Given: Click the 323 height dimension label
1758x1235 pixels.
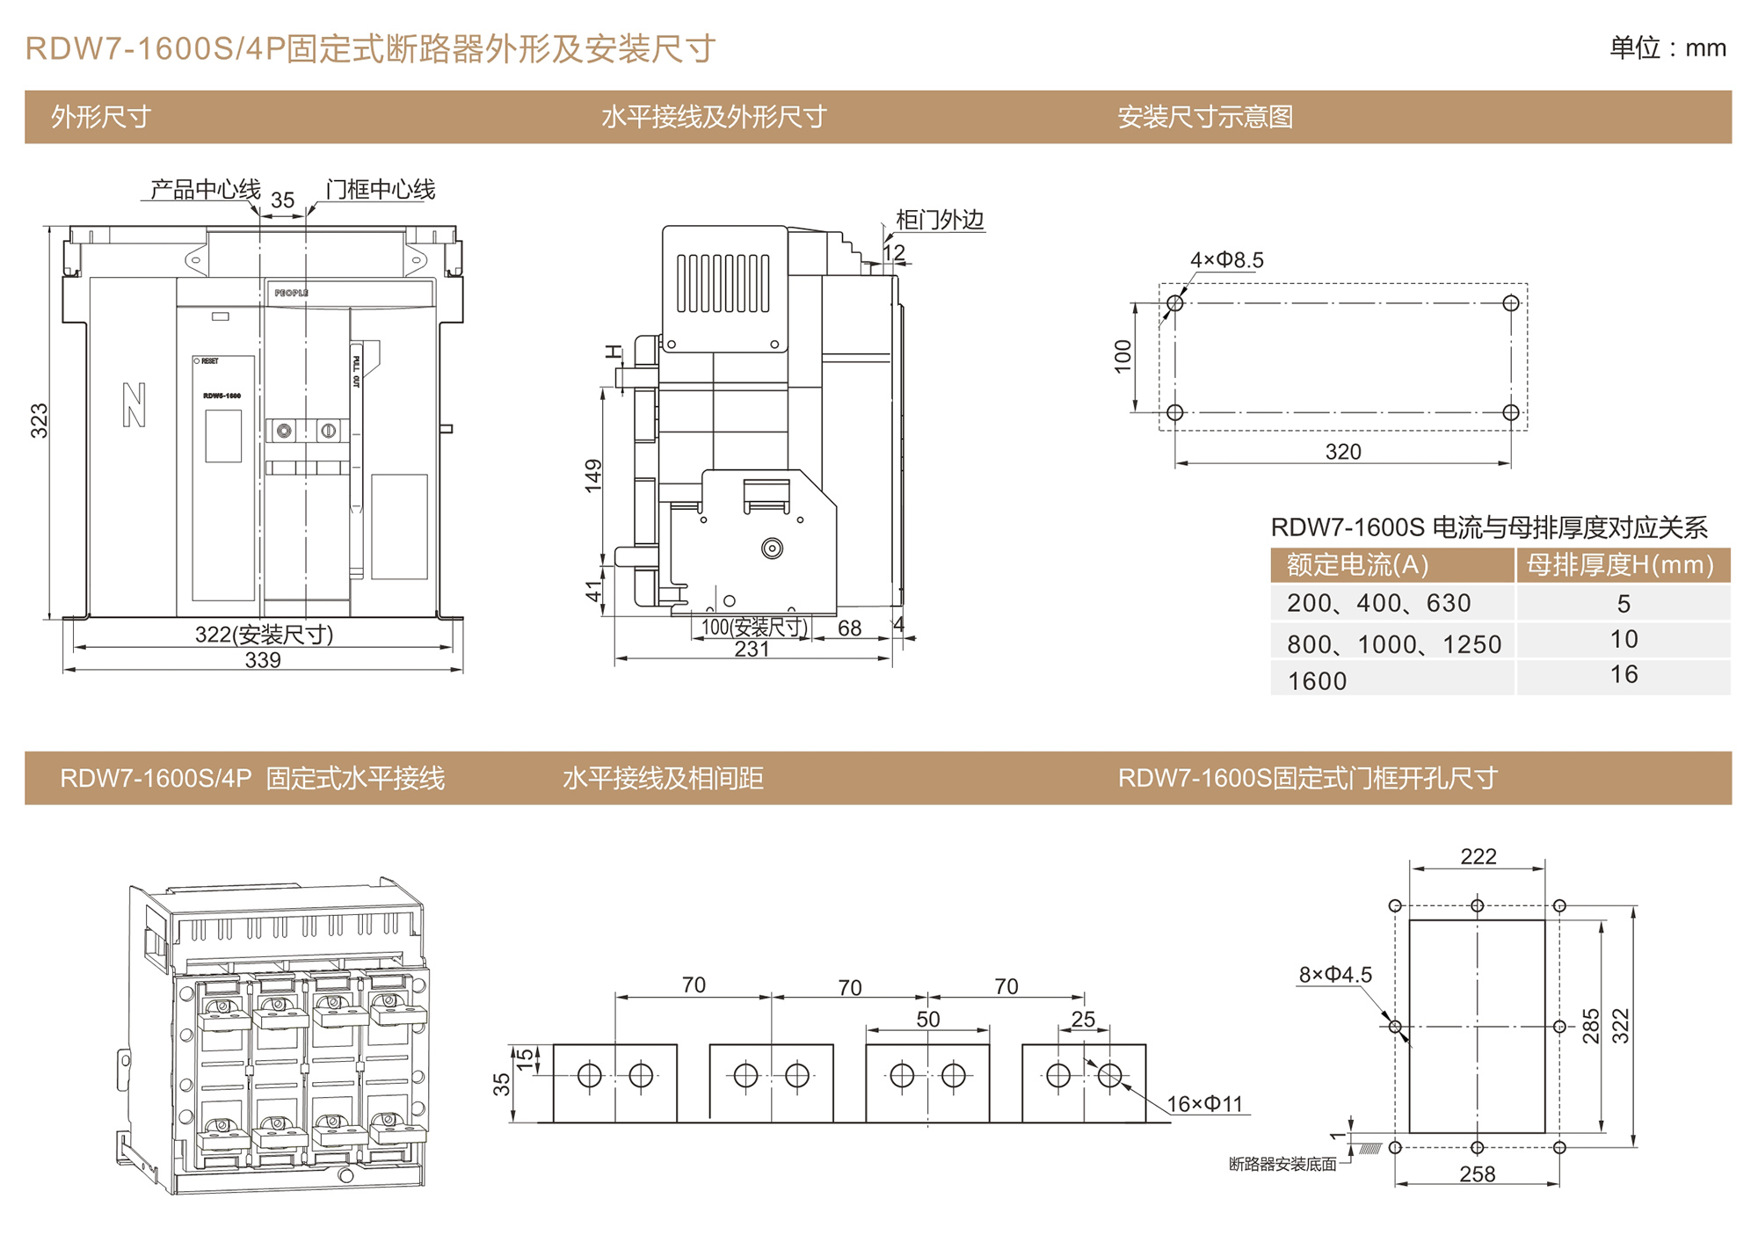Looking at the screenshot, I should [x=40, y=421].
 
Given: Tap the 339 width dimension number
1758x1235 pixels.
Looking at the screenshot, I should [x=263, y=660].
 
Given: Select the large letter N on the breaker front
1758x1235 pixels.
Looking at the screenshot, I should [x=134, y=405].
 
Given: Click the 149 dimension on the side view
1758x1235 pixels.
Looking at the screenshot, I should [x=594, y=475].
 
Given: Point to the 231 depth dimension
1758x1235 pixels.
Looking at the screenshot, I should [x=752, y=650].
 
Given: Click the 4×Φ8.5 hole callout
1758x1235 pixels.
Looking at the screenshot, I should [x=1226, y=260].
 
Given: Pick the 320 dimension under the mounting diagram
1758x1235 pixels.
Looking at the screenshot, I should [x=1342, y=452].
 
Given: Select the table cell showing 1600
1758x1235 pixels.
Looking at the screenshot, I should [x=1317, y=681].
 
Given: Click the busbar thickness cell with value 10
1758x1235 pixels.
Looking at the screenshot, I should [x=1623, y=640].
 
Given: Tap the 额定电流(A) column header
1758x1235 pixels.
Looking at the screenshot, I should [x=1357, y=565].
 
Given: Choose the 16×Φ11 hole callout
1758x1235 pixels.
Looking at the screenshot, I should [x=1204, y=1104].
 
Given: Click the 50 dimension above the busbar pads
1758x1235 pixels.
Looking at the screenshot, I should [x=928, y=1020].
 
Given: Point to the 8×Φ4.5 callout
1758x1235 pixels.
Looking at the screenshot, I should [x=1335, y=975].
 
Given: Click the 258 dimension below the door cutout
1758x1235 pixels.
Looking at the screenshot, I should [x=1477, y=1174].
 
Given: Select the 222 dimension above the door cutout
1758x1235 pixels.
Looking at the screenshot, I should [x=1478, y=857].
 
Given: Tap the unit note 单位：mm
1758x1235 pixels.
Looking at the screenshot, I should [x=1667, y=48].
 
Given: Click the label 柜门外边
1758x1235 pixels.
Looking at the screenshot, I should [x=939, y=220].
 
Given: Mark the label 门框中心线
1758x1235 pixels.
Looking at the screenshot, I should [x=380, y=190].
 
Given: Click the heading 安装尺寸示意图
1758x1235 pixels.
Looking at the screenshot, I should [x=1205, y=117].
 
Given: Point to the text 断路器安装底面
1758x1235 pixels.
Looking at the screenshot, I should [x=1282, y=1165].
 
